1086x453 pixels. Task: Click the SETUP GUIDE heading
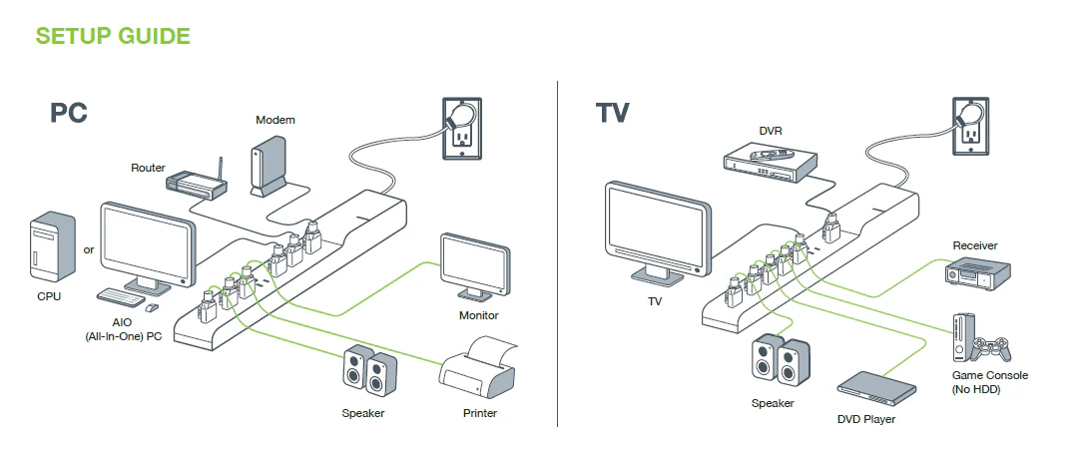[112, 37]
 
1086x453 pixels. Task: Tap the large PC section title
[69, 113]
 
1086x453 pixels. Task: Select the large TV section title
[612, 112]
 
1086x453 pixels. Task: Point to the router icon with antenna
[197, 183]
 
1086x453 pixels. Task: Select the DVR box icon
[770, 163]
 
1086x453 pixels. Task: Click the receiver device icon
[978, 272]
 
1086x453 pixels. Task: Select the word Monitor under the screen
[478, 315]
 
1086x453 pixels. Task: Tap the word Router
[148, 168]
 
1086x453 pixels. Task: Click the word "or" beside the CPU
[89, 249]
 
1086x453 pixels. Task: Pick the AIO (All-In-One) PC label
[124, 331]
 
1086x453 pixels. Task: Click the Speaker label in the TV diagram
[773, 403]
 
